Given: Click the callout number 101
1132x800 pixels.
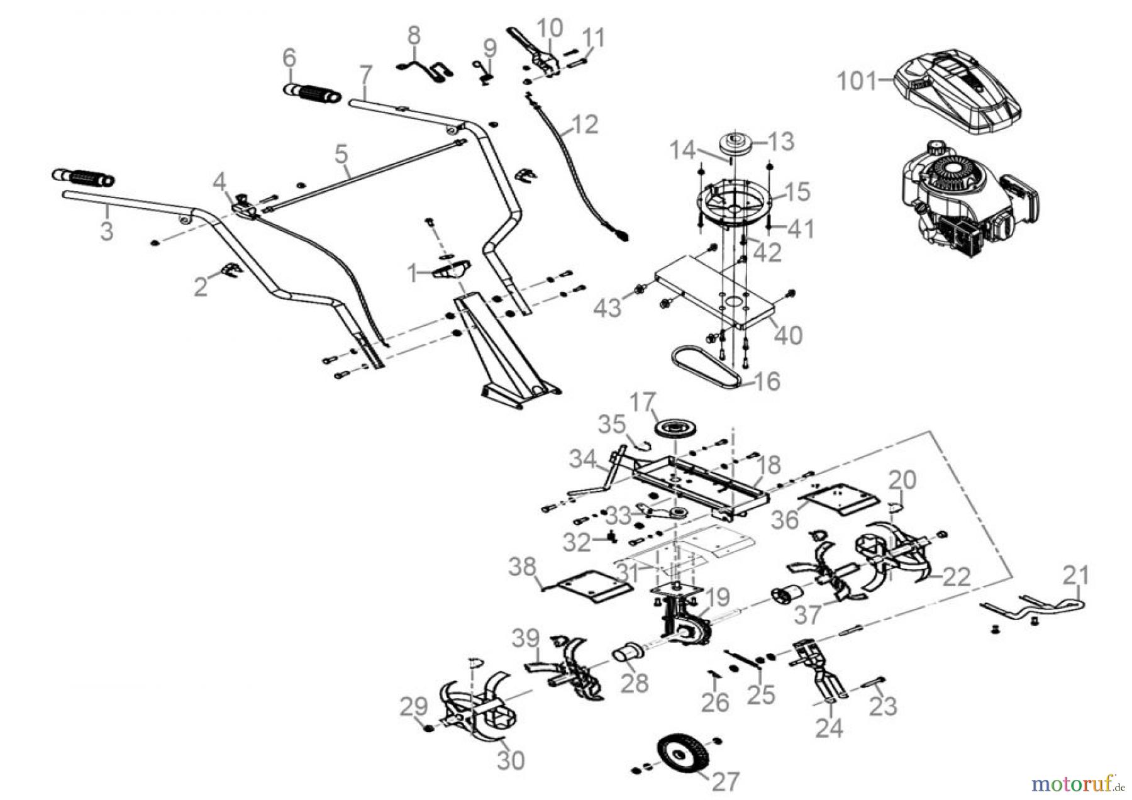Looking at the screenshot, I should coord(856,82).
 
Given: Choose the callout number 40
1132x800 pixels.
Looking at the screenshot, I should coord(788,335).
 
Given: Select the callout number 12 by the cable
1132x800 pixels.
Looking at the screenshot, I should coord(585,125).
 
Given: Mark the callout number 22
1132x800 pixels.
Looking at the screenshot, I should coord(957,576).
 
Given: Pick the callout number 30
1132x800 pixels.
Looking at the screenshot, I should coord(510,760).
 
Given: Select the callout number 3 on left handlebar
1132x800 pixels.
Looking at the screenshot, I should coord(107,230).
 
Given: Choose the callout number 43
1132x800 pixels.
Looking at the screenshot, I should coord(608,308).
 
